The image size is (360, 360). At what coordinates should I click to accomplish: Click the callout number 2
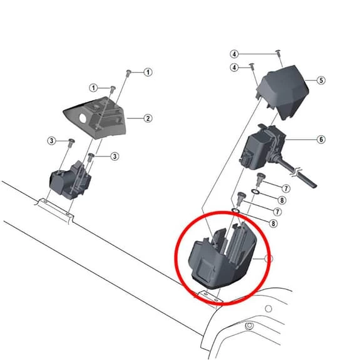(148, 118)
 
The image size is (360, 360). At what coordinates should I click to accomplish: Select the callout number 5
(321, 80)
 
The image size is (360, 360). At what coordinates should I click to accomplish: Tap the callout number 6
(321, 140)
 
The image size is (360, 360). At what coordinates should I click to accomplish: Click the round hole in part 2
(83, 118)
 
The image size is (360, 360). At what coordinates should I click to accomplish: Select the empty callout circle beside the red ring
(269, 259)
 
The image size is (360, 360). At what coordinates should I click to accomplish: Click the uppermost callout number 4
(234, 54)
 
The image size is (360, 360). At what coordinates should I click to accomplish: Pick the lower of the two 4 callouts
(234, 68)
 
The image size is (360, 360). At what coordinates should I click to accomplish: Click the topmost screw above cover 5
(278, 53)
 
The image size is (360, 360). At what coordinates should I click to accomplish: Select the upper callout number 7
(286, 188)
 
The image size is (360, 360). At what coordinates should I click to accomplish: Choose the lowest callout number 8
(273, 224)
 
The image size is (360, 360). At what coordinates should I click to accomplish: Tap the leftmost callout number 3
(52, 141)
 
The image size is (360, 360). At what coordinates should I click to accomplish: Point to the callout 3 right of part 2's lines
(115, 157)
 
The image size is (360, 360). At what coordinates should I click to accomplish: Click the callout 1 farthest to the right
(148, 73)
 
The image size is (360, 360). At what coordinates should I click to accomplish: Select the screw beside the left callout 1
(113, 89)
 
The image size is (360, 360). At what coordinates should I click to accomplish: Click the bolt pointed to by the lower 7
(241, 198)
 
